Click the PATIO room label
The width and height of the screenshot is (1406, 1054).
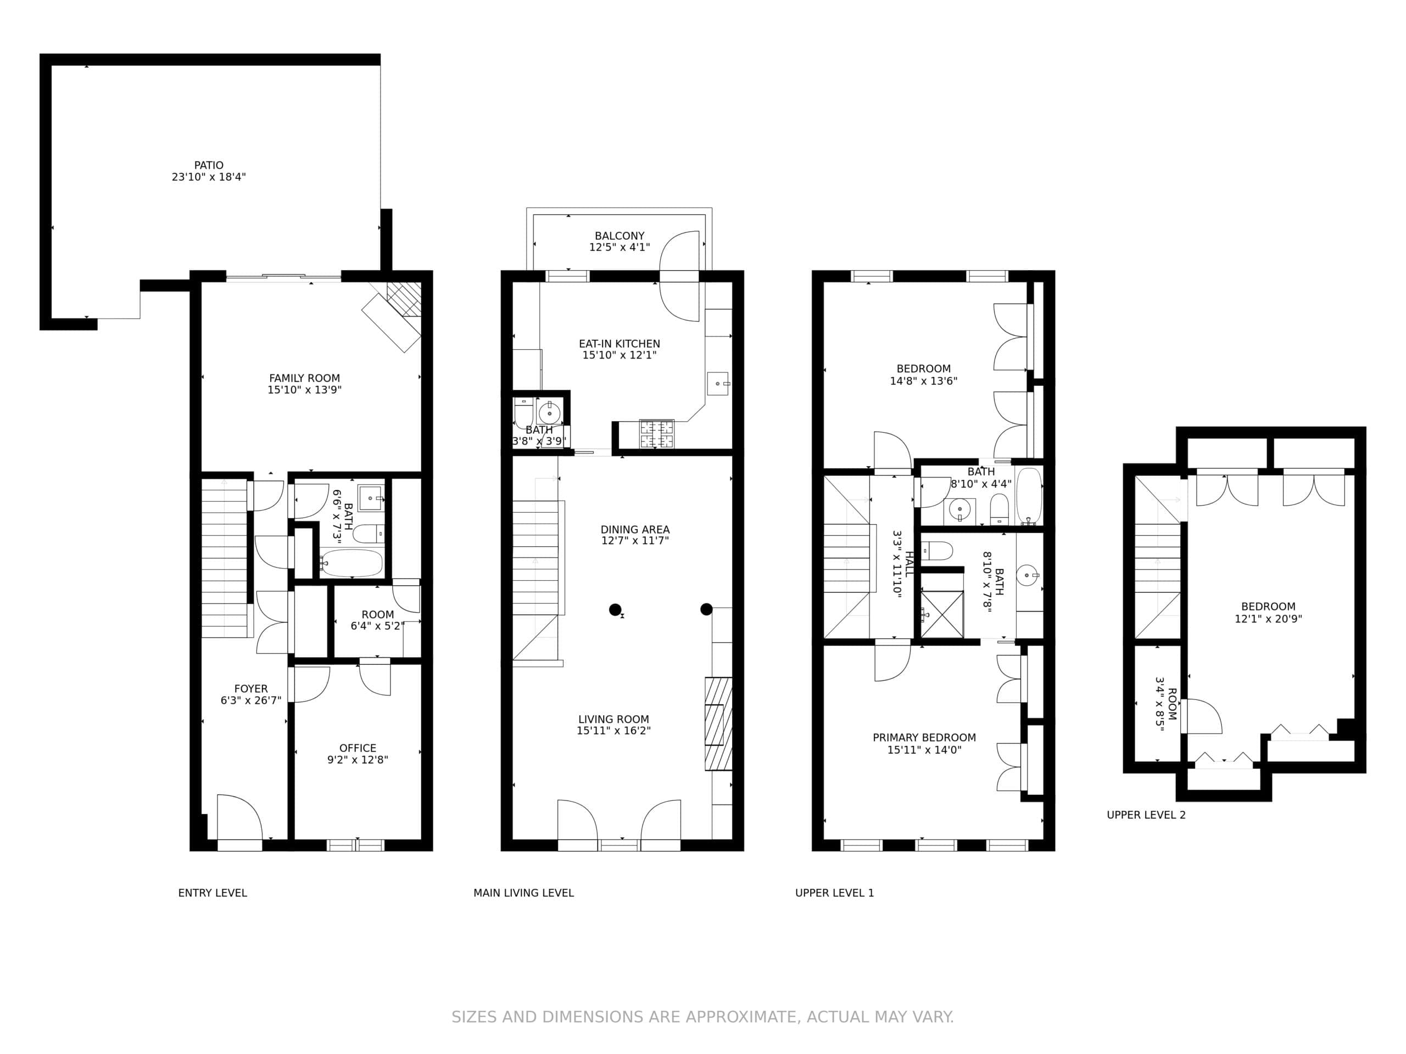(209, 165)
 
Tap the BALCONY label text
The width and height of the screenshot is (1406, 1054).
(619, 236)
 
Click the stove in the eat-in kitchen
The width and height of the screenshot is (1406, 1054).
(657, 434)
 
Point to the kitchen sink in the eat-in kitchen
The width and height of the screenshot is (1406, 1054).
(718, 384)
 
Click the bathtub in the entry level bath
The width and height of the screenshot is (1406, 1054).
(351, 563)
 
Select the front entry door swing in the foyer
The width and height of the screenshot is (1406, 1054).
(239, 816)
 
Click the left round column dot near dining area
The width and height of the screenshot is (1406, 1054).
(615, 610)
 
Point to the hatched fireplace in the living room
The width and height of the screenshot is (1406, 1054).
(718, 724)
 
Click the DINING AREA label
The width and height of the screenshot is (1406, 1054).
(635, 530)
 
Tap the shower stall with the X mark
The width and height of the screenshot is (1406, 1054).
(942, 614)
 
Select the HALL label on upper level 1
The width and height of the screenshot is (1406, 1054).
(909, 564)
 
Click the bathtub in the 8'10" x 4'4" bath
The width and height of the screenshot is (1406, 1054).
(1029, 496)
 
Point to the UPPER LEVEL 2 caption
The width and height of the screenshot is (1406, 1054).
(1146, 815)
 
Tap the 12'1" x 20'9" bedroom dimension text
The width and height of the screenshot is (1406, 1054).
(1268, 619)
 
